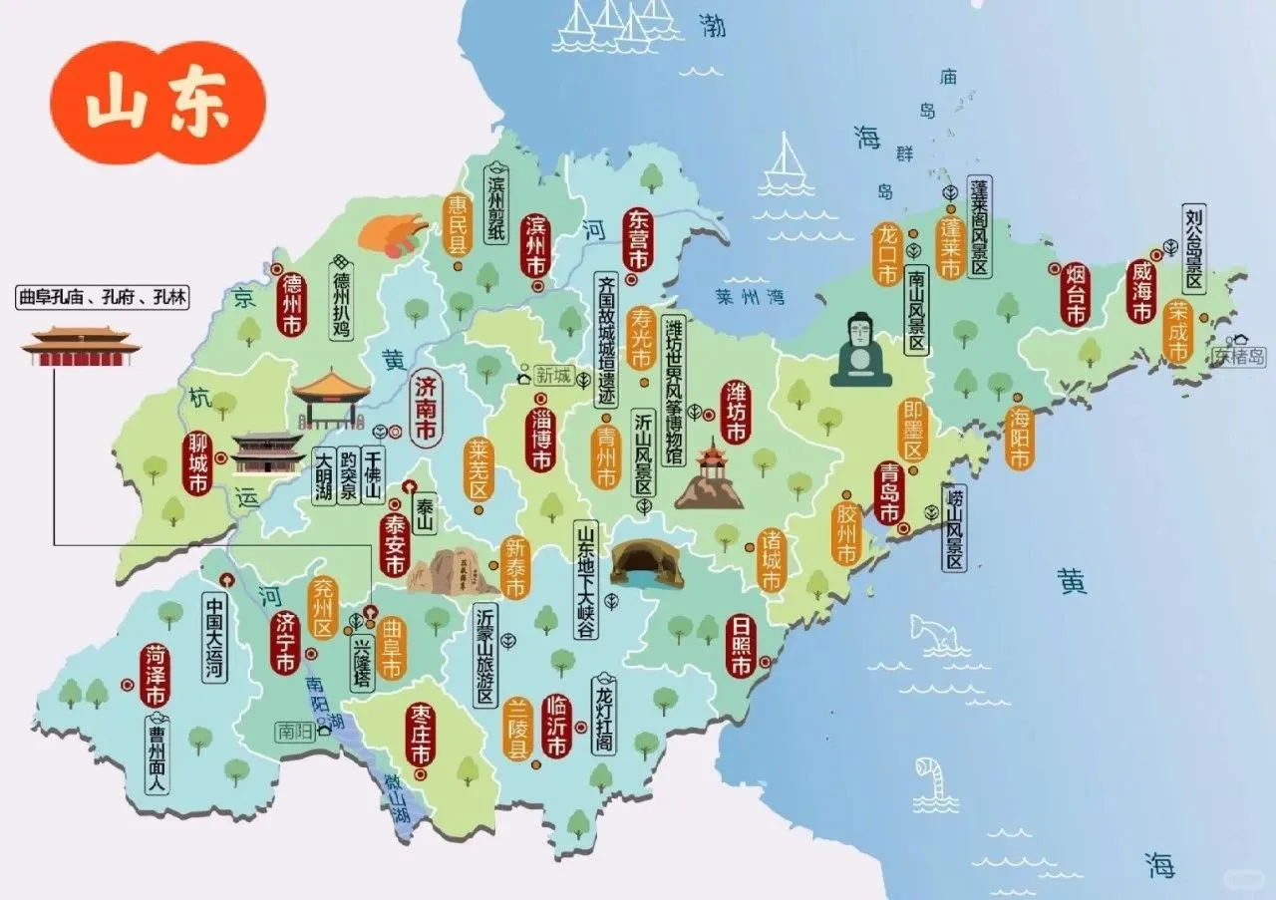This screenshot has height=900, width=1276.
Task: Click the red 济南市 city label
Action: (x=426, y=409)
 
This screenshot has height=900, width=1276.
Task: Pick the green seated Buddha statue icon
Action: (x=860, y=350)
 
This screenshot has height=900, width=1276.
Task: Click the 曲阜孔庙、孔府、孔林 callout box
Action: (x=102, y=296)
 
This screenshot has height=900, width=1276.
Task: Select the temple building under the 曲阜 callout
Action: (x=81, y=346)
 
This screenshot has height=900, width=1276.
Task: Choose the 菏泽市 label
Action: (x=156, y=675)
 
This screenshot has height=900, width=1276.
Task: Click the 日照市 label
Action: (x=740, y=645)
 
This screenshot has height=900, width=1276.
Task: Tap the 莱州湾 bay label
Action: (x=750, y=296)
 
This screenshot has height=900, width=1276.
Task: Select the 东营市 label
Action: (x=637, y=240)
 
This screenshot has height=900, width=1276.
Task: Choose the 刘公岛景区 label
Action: (x=1193, y=249)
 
